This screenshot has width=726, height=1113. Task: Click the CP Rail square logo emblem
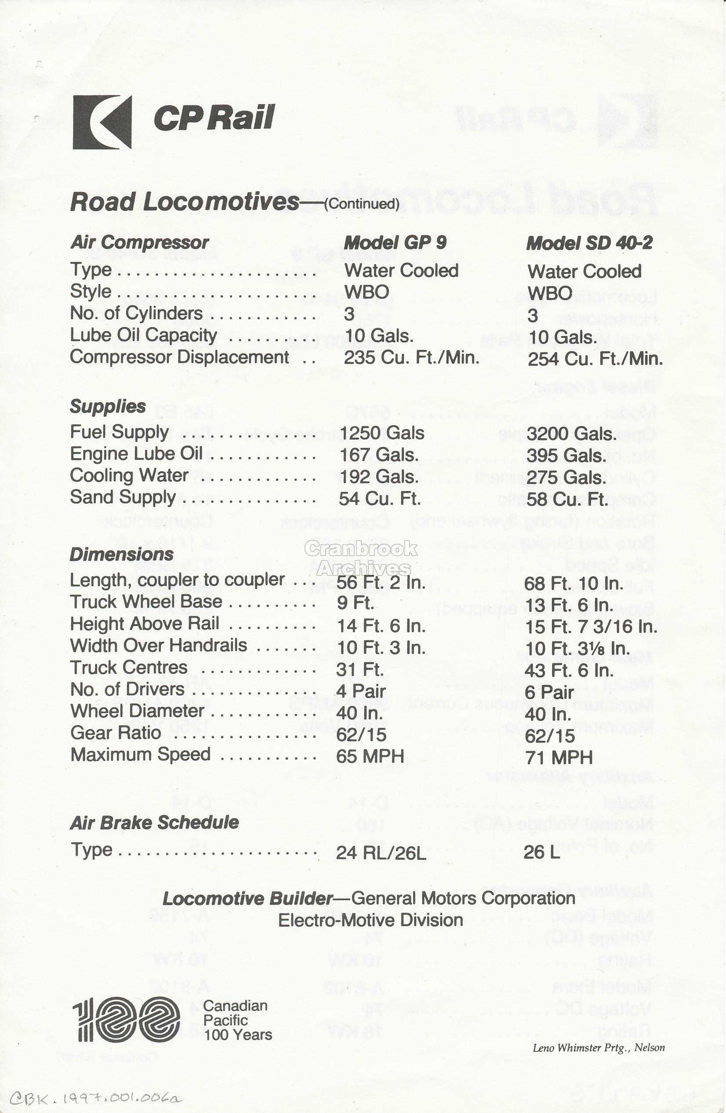pos(102,122)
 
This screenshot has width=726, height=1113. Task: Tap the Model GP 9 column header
pos(395,243)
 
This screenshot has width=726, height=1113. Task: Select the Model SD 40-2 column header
pos(588,243)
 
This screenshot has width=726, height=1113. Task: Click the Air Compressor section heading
pos(139,243)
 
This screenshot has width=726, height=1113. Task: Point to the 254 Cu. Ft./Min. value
pos(595,359)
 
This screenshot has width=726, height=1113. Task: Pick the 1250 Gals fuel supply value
pos(381,433)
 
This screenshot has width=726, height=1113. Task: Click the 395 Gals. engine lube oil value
pos(566,455)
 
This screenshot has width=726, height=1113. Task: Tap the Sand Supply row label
pos(123,498)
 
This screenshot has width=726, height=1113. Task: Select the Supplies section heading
pos(108,406)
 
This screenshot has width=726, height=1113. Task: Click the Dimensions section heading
pos(122,555)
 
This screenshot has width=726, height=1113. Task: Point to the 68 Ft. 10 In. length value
pos(573,583)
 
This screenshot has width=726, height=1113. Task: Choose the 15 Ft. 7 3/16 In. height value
pos(591,627)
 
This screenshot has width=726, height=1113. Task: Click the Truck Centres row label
pos(129,667)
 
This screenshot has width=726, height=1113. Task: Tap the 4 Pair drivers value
pos(360,691)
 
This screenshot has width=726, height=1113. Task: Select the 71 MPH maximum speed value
pos(559,757)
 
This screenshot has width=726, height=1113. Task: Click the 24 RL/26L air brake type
pos(381,854)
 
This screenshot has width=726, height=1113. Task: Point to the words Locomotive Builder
pos(247,898)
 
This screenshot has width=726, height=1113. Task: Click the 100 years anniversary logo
pos(126,1019)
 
